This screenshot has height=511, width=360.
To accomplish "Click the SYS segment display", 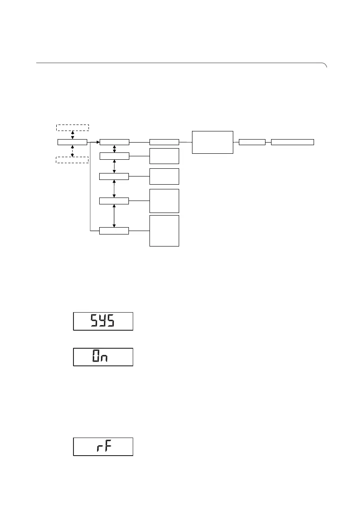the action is (103, 321).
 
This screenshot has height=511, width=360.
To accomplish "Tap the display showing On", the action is (103, 357).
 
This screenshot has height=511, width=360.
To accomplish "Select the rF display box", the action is (103, 447).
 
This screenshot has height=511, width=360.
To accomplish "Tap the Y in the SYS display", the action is (103, 321).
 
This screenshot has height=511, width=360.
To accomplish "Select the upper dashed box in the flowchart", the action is (73, 127).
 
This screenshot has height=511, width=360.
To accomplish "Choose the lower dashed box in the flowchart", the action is (73, 160).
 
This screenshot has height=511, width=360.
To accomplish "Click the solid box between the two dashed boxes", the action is (72, 142).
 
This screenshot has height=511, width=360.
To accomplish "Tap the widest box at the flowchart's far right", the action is (293, 142).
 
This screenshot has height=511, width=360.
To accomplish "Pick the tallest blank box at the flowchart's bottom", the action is (164, 231).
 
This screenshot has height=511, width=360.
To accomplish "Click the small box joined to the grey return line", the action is (114, 231).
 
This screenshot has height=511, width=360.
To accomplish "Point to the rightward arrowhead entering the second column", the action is (98, 142).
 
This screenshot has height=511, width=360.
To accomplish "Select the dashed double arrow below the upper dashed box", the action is (73, 135).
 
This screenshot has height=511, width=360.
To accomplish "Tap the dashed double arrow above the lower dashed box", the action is (73, 151).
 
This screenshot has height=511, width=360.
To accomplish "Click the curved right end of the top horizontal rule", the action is (325, 65).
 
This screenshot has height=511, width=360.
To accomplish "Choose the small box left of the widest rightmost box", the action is (252, 142).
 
